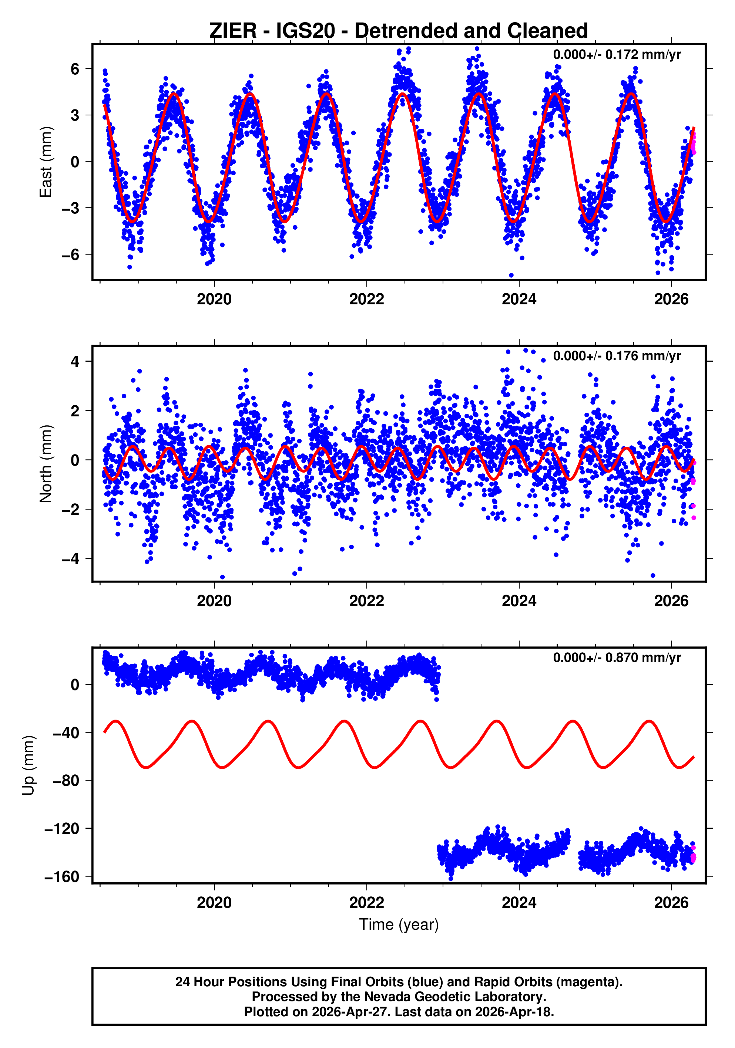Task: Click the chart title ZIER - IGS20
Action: click(x=398, y=31)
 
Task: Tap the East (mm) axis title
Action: click(x=46, y=162)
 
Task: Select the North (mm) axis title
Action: click(x=46, y=464)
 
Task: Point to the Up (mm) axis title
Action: click(x=28, y=765)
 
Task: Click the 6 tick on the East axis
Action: click(x=75, y=70)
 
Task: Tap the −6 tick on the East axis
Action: click(x=71, y=255)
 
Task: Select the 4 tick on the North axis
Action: click(x=75, y=362)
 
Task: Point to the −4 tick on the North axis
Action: click(x=71, y=559)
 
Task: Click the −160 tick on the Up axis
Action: click(x=62, y=877)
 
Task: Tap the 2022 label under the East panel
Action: click(x=366, y=300)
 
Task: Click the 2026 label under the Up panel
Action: click(x=671, y=903)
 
